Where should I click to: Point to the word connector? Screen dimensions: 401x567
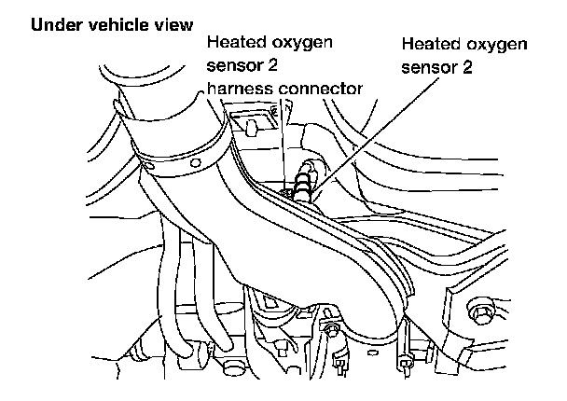(x=323, y=90)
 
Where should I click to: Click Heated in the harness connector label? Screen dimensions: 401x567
(x=234, y=43)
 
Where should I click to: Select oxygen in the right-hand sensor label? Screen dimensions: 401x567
(x=496, y=46)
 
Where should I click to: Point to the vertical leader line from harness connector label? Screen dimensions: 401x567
(x=281, y=140)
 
